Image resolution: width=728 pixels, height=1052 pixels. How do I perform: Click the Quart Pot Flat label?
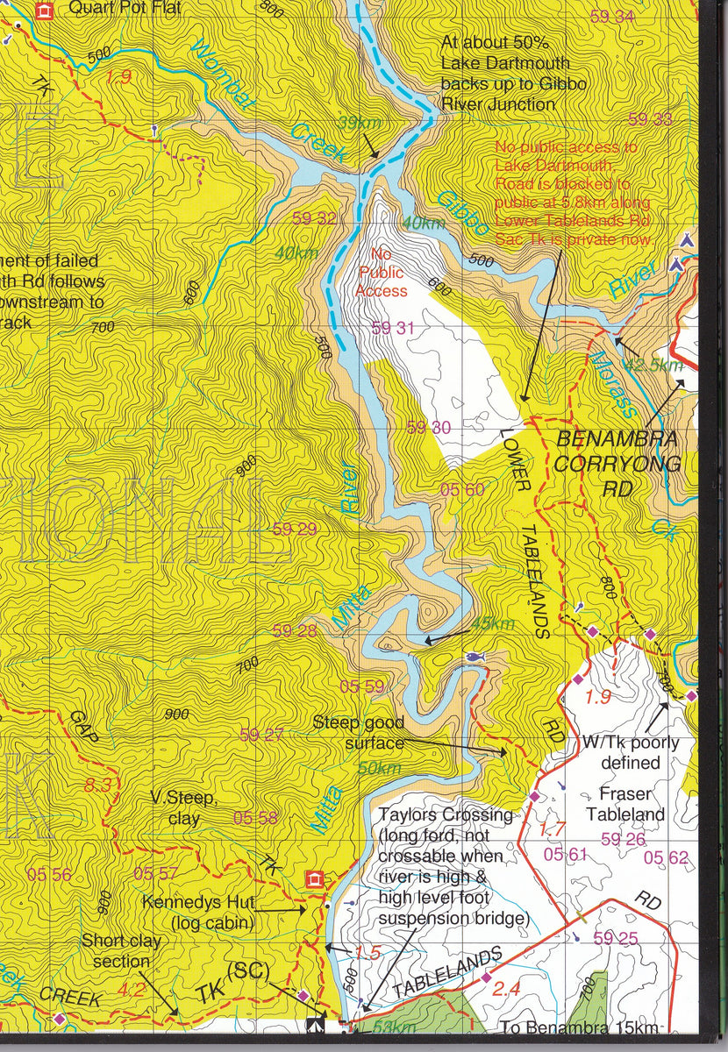[x=125, y=9]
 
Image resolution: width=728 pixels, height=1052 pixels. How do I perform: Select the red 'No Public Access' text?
[x=382, y=273]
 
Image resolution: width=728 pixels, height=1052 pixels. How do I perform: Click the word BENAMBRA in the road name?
[x=617, y=438]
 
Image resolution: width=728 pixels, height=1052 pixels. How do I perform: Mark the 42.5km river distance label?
[x=652, y=365]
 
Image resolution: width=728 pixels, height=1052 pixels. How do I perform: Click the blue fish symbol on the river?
[x=474, y=656]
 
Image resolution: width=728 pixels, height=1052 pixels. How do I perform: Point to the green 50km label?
[x=379, y=768]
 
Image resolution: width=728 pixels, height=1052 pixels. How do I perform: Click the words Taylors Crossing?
[x=446, y=815]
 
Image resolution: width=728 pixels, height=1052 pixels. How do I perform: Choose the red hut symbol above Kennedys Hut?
[x=313, y=878]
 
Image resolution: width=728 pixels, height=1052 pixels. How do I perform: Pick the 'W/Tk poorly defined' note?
[x=630, y=752]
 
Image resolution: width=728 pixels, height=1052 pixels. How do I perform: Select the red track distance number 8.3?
[x=98, y=785]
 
